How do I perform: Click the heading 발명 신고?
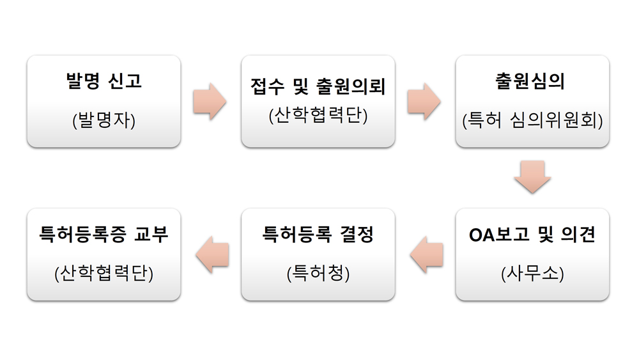[x=104, y=82]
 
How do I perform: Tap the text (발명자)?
[x=104, y=120]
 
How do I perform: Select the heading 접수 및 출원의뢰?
[x=318, y=86]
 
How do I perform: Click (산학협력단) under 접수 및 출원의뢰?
[x=318, y=116]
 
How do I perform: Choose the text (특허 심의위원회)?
[x=532, y=120]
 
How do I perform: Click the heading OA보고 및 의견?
[x=532, y=235]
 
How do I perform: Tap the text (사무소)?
[x=532, y=273]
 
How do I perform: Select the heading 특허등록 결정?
[x=318, y=235]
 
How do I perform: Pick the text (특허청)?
[x=318, y=273]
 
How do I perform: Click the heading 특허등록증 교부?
[x=104, y=235]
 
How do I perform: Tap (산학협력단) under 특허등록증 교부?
[x=104, y=273]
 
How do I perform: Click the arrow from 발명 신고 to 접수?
[x=210, y=101]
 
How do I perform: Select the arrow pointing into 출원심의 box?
[x=424, y=101]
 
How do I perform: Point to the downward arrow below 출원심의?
[x=532, y=177]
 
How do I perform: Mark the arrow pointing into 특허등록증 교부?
[x=212, y=254]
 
